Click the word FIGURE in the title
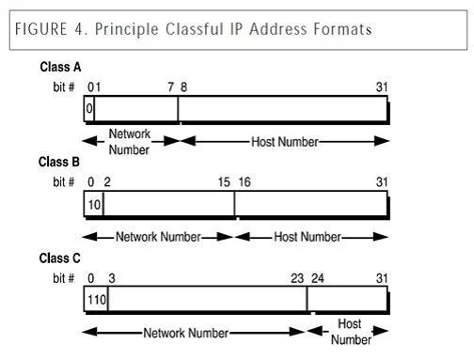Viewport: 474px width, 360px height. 41,29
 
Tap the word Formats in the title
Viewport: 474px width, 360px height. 342,29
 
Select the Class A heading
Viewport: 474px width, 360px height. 60,67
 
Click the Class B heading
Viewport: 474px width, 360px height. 59,162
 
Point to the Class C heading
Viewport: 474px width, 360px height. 59,258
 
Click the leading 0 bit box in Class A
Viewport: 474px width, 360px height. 89,108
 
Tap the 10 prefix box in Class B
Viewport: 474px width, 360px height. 94,204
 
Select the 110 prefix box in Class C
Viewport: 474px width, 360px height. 96,300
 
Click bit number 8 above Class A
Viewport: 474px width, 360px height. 183,87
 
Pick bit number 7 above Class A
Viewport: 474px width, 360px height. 170,87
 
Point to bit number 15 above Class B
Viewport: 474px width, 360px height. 224,182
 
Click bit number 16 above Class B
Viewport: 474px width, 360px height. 245,182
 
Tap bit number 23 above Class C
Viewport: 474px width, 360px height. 297,278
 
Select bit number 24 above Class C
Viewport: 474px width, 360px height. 318,278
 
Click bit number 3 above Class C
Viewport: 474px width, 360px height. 112,278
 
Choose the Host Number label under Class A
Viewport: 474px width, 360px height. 285,142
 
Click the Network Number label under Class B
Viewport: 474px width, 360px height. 158,237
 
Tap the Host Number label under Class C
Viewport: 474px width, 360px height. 351,332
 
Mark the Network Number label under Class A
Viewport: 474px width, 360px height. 129,142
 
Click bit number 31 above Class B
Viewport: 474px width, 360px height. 382,182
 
